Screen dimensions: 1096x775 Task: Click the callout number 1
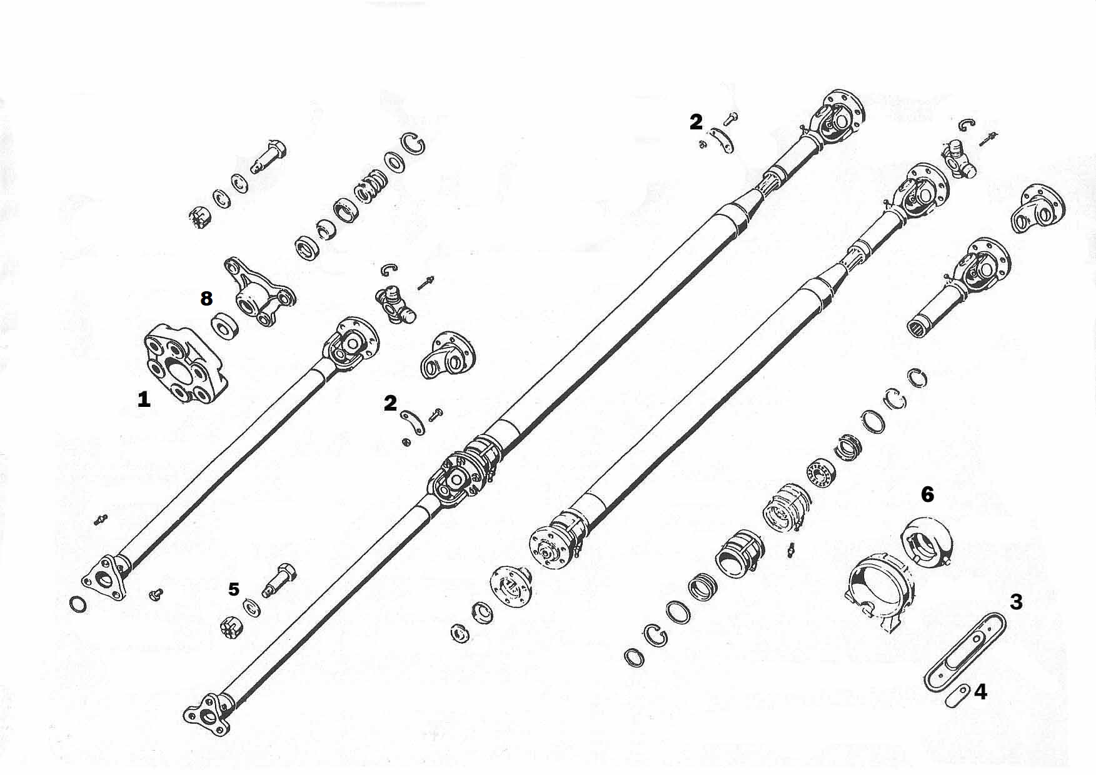coord(144,399)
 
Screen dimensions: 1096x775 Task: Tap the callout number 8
coord(206,299)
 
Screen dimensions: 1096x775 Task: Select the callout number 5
coord(233,589)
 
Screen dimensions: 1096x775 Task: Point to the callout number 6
coord(927,494)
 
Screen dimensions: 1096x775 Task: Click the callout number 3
coord(1016,602)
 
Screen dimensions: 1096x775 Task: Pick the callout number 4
coord(980,692)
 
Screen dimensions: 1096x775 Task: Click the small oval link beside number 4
coord(957,695)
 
